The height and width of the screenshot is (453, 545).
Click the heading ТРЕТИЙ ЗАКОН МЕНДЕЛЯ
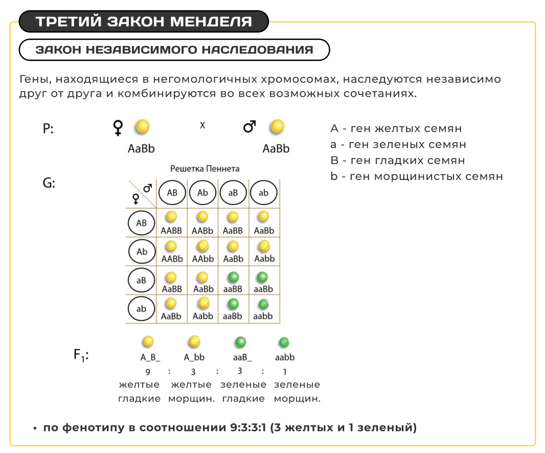[x=144, y=22]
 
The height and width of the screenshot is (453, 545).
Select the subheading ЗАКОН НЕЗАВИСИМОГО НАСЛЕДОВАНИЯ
[x=174, y=50]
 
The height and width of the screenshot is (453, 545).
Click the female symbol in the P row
[x=118, y=128]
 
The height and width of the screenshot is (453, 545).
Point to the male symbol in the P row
[x=249, y=127]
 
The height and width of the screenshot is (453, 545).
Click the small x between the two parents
[x=202, y=125]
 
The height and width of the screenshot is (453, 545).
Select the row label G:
[x=49, y=183]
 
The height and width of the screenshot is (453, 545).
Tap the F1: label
[x=81, y=354]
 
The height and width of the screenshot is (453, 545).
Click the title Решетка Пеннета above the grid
[x=205, y=168]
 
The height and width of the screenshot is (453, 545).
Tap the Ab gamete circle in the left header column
[x=142, y=252]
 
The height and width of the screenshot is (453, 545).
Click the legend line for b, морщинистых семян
[x=417, y=176]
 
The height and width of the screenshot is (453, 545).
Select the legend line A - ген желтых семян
[x=396, y=128]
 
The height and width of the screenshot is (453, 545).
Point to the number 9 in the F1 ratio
[x=148, y=372]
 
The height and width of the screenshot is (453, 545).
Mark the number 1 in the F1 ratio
[x=284, y=372]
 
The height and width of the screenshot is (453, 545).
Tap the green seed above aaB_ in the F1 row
[x=240, y=342]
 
